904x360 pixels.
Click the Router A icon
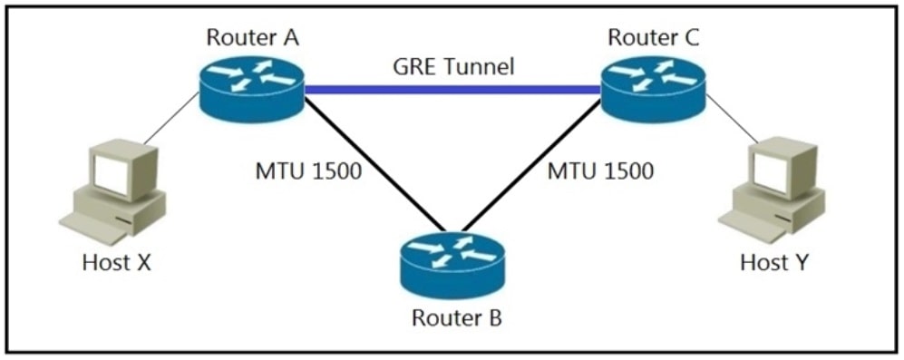252,88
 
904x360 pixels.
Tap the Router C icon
652,88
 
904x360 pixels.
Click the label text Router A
253,37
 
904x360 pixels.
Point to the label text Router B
452,319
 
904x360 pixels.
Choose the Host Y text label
776,263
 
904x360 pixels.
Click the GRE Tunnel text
453,65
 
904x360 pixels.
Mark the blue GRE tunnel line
453,89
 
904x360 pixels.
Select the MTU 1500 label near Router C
600,170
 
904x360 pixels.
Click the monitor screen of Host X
114,174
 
